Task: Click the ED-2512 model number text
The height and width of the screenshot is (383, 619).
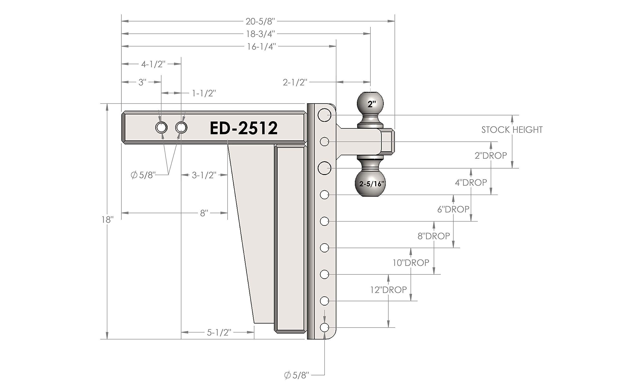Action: coord(244,128)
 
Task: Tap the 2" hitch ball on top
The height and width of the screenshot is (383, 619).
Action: coord(370,103)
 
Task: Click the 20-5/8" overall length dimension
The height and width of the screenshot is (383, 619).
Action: coord(260,22)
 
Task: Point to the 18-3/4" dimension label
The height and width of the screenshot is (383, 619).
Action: coord(260,34)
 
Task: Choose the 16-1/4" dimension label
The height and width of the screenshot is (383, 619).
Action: coord(261,47)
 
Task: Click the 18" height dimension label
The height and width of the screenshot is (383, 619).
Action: coord(107,220)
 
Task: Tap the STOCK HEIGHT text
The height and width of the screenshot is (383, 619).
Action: coord(512,130)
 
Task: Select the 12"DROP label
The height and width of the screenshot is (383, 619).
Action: coord(388,290)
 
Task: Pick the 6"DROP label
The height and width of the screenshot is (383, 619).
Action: coord(453,209)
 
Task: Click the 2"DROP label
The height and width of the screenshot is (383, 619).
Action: coord(491,155)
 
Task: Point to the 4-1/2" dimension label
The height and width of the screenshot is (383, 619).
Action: coord(153,64)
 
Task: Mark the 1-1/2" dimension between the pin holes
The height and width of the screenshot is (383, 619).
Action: coord(204,94)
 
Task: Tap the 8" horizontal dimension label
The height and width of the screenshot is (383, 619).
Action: coord(204,213)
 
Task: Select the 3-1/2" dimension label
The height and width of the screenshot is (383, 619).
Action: coord(204,175)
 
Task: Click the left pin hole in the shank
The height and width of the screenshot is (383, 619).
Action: coord(161,128)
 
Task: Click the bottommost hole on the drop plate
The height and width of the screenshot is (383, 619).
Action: coord(324,328)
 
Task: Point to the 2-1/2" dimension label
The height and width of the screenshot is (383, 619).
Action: coord(295,82)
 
